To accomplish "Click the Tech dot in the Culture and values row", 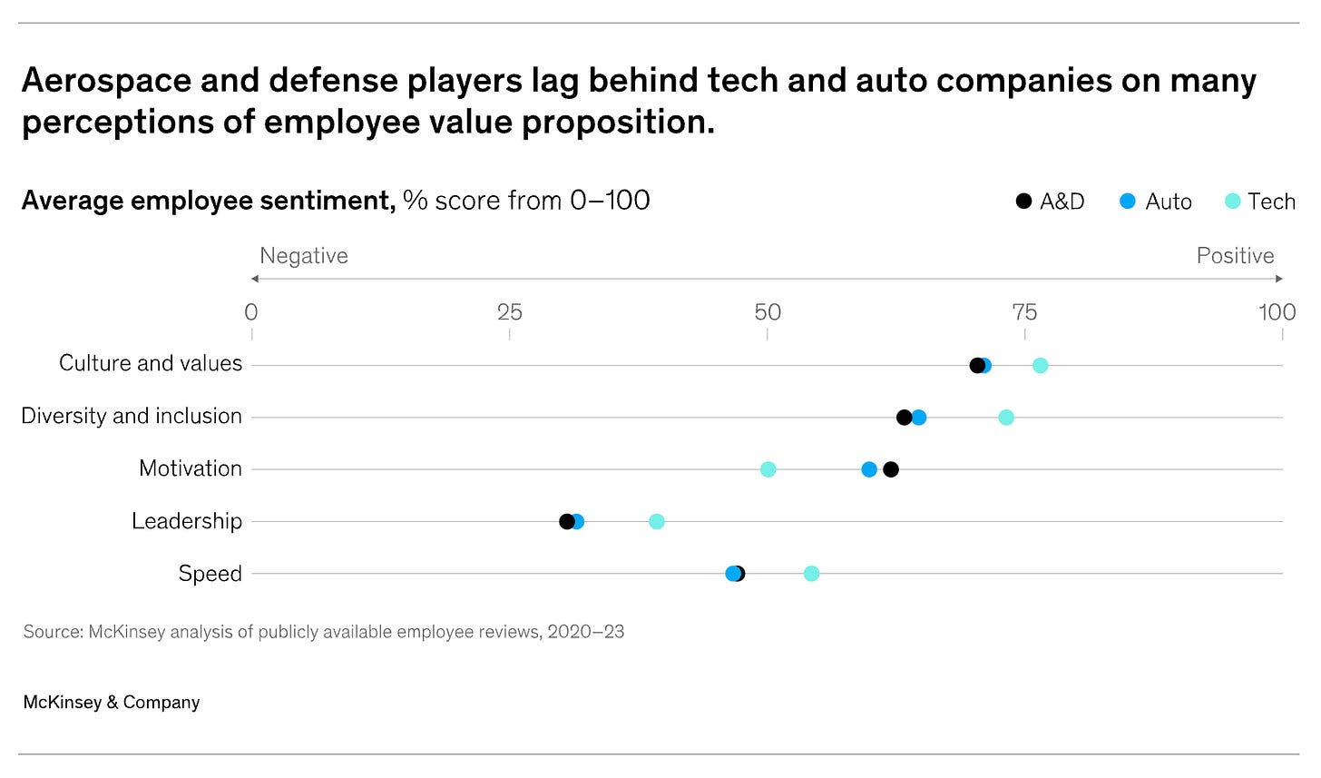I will pyautogui.click(x=1040, y=365).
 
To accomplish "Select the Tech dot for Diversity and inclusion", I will pyautogui.click(x=1005, y=418).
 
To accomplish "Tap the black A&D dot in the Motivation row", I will pyautogui.click(x=891, y=469).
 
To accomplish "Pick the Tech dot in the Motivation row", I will pyautogui.click(x=768, y=469).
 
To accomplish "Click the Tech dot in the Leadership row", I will pyautogui.click(x=657, y=521).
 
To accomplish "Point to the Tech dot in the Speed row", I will pyautogui.click(x=811, y=574).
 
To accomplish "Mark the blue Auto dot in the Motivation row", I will pyautogui.click(x=869, y=469).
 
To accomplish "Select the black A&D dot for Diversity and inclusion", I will pyautogui.click(x=904, y=418).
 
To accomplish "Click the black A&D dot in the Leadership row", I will pyautogui.click(x=566, y=521).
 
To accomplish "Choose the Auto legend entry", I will pyautogui.click(x=1156, y=202).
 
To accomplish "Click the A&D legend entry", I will pyautogui.click(x=1050, y=202).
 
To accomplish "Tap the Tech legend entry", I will pyautogui.click(x=1259, y=202).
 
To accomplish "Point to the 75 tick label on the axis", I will pyautogui.click(x=1024, y=312).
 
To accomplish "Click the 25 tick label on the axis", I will pyautogui.click(x=509, y=312).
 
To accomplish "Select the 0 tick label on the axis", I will pyautogui.click(x=251, y=312).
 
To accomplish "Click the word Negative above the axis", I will pyautogui.click(x=304, y=256).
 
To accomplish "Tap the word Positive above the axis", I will pyautogui.click(x=1235, y=256).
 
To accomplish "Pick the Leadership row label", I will pyautogui.click(x=187, y=521).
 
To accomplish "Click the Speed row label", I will pyautogui.click(x=210, y=574).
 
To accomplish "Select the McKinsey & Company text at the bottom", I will pyautogui.click(x=112, y=702).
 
